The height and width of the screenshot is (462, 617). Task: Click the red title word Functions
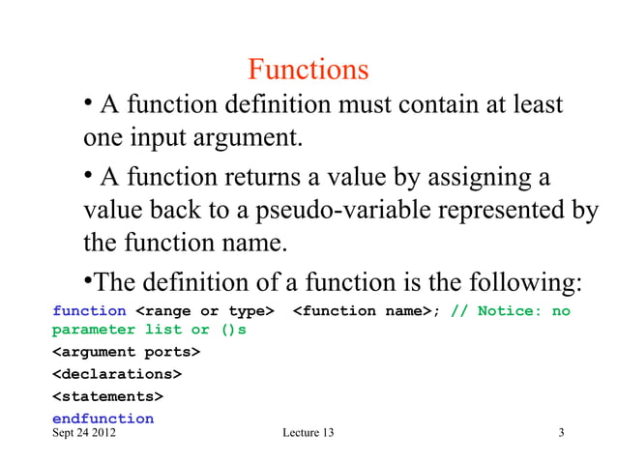(x=308, y=70)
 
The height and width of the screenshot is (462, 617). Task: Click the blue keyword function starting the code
(x=89, y=310)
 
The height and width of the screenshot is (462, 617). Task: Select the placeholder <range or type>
(x=204, y=310)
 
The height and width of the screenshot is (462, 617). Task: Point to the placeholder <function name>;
(x=367, y=310)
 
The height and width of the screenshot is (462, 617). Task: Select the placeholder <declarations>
(x=115, y=374)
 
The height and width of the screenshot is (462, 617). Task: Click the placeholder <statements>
(x=107, y=396)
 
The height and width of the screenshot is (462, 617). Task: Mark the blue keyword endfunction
(x=103, y=419)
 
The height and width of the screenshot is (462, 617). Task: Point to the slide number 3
(x=561, y=432)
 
